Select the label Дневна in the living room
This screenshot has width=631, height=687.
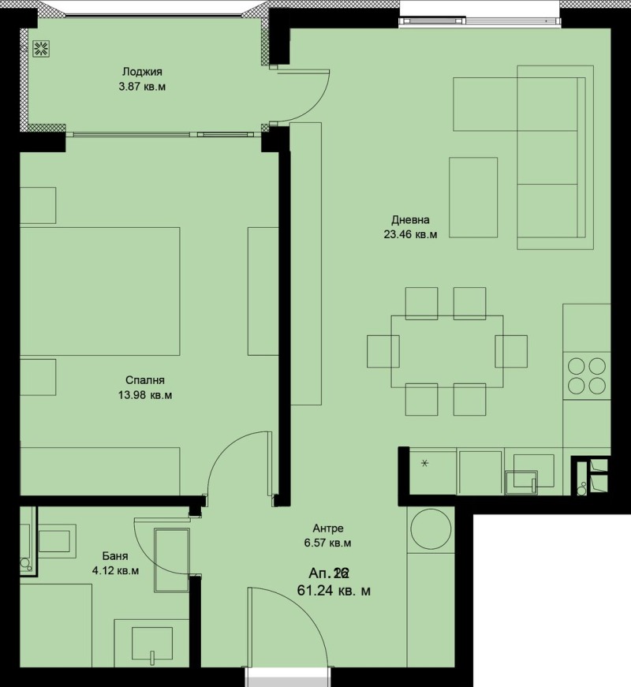pyautogui.click(x=410, y=220)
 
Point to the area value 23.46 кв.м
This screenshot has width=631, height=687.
pyautogui.click(x=410, y=234)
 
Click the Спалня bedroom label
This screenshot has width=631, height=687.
pyautogui.click(x=143, y=380)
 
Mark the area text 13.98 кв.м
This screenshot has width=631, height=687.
pyautogui.click(x=143, y=394)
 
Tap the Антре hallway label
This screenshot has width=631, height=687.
pyautogui.click(x=329, y=528)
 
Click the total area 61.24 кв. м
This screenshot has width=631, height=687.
pyautogui.click(x=334, y=589)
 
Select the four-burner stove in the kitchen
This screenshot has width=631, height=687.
pyautogui.click(x=586, y=375)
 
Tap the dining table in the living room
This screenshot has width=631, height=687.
pyautogui.click(x=447, y=351)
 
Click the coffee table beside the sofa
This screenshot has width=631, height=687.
pyautogui.click(x=473, y=196)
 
